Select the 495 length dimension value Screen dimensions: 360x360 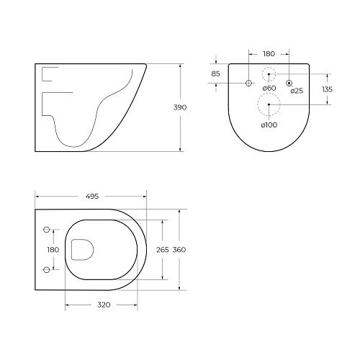(91, 196)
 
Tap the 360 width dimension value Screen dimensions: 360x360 (179, 250)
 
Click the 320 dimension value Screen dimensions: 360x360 (103, 305)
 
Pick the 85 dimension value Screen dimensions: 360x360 (216, 73)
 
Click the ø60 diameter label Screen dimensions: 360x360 (269, 89)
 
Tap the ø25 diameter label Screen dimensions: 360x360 (296, 91)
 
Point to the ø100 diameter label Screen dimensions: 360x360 (268, 125)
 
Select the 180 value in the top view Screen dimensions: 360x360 (51, 250)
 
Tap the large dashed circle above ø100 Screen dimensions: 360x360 (268, 105)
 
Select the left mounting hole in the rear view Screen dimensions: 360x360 (248, 84)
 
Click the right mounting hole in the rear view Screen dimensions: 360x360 (289, 84)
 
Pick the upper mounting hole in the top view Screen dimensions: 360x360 (48, 230)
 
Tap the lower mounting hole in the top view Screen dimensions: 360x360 (48, 269)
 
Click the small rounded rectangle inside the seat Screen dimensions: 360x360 (84, 249)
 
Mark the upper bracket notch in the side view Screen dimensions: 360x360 (51, 74)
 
